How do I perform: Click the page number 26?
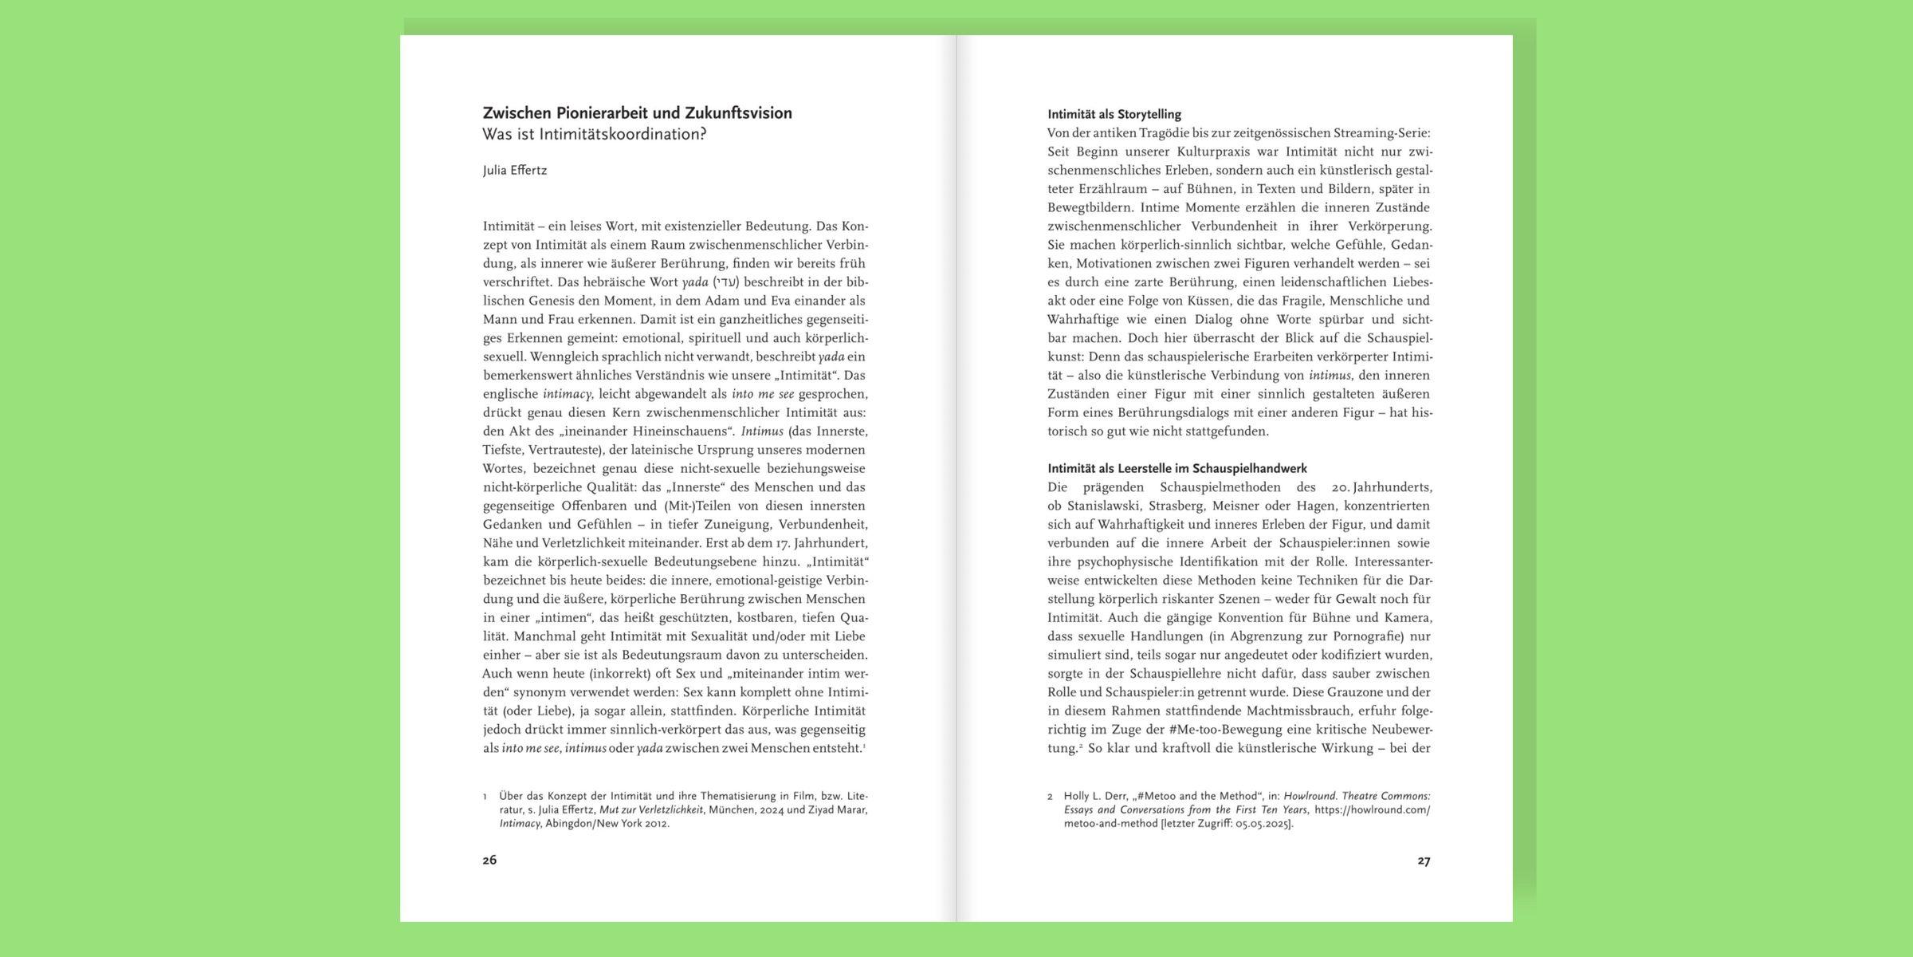coord(489,860)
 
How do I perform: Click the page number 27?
coord(1424,861)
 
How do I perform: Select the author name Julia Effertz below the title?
coord(515,170)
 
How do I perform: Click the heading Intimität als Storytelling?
coord(1114,114)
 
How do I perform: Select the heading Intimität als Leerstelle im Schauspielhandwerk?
coord(1177,468)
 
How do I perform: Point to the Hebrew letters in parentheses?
coord(726,282)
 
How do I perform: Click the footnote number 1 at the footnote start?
coord(485,797)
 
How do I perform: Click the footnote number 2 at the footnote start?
coord(1050,797)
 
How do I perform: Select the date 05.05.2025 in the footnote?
coord(1263,824)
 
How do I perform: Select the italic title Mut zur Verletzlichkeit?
coord(651,809)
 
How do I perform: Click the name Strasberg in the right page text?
coord(1176,506)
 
